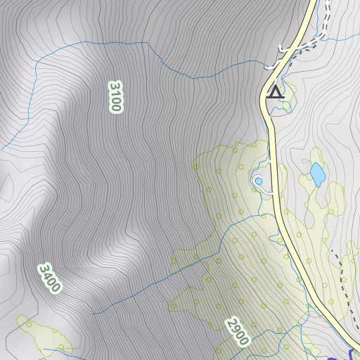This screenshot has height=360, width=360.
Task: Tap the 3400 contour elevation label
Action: [50, 278]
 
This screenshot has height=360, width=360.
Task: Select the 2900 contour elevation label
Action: [238, 331]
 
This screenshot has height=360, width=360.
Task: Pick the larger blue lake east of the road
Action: [318, 172]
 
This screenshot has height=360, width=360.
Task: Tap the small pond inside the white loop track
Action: [259, 181]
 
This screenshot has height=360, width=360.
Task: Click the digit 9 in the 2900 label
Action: [234, 328]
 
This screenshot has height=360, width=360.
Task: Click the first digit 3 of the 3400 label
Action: [44, 269]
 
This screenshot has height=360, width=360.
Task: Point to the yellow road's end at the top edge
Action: [311, 3]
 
